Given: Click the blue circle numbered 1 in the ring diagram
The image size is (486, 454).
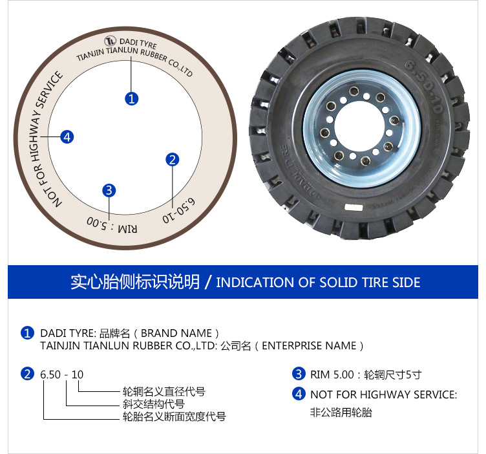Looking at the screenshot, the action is [131, 98].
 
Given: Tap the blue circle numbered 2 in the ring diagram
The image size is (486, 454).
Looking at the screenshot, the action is [173, 160].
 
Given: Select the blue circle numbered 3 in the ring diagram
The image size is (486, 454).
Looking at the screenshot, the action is [109, 190].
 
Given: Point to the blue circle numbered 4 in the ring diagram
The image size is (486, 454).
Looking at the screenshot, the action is [67, 136].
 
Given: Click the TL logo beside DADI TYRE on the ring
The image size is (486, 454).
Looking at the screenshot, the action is [110, 41].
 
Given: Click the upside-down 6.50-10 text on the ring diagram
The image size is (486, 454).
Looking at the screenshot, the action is [179, 210].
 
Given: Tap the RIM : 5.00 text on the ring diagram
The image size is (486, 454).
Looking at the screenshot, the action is [112, 225].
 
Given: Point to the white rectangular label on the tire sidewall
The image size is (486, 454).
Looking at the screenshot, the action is [354, 208].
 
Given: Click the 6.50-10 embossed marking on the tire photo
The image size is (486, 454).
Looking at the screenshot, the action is [424, 86].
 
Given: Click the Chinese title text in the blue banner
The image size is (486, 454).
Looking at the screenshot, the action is [135, 282].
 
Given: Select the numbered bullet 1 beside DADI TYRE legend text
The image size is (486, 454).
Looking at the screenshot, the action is [27, 333].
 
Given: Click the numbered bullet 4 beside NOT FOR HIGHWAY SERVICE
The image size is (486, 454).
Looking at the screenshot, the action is [299, 394].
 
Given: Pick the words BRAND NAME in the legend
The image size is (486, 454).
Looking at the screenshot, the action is [176, 333].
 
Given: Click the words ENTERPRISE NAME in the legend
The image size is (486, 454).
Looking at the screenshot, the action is [309, 346].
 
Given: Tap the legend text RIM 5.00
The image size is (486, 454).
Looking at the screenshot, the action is [332, 374].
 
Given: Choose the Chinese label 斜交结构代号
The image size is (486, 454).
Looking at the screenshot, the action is [153, 404].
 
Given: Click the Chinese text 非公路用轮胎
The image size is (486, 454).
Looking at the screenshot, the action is [341, 413].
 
